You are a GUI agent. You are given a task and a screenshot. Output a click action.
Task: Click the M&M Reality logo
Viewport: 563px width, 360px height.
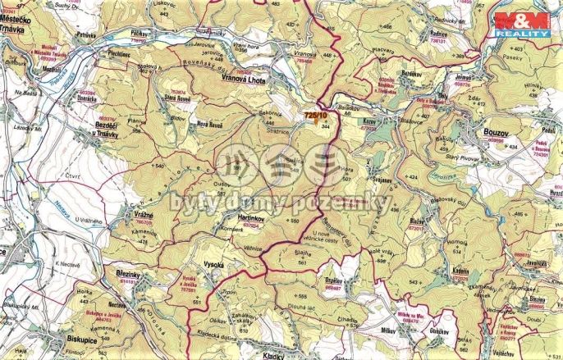(x=522, y=24)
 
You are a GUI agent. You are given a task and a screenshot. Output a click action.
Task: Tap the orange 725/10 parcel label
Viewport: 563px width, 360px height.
(x=316, y=116)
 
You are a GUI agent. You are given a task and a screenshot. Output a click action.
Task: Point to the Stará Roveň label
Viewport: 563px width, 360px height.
(x=180, y=96)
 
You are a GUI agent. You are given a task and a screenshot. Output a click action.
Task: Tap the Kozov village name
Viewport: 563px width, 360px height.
(x=369, y=121)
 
